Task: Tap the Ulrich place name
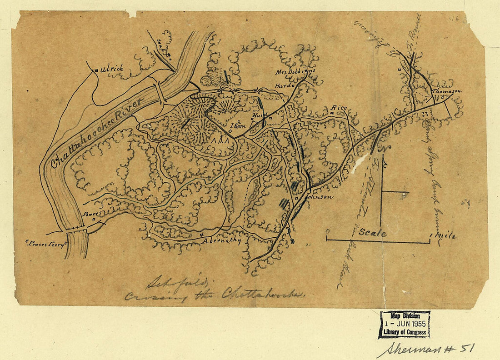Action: coord(111,69)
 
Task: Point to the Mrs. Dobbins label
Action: coord(295,72)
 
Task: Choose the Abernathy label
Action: coord(221,241)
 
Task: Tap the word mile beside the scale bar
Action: coord(445,236)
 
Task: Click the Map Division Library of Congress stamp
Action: coord(404,325)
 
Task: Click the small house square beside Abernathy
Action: coord(201,235)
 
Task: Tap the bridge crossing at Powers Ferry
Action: coord(76,230)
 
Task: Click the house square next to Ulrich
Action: coord(96,70)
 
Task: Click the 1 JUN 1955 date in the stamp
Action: coord(404,325)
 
